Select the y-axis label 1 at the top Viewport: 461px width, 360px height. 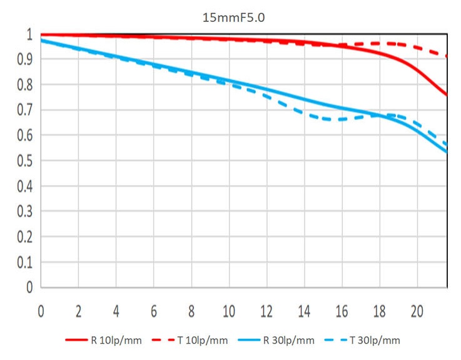(28, 34)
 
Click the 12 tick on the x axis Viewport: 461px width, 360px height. (266, 311)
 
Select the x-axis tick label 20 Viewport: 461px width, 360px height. (417, 311)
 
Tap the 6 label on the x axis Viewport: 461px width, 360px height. (154, 311)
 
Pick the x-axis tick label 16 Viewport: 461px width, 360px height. (342, 311)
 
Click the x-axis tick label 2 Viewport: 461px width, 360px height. (79, 311)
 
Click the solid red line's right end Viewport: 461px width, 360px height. (447, 96)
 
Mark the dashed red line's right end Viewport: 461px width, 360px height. (447, 56)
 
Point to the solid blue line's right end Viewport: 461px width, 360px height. (447, 151)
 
